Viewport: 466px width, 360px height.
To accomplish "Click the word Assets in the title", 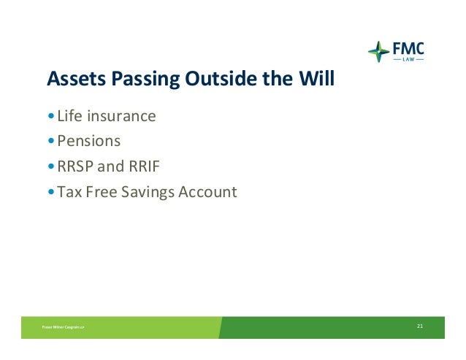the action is [77, 78].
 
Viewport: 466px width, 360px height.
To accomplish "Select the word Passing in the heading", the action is [145, 80].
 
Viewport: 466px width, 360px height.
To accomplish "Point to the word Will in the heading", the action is [316, 78].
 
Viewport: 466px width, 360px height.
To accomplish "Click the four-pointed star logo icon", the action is [378, 52].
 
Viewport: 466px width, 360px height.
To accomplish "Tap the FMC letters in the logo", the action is [408, 48].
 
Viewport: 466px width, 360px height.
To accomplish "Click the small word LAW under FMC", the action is [408, 59].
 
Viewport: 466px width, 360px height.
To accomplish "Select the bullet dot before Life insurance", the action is [51, 115].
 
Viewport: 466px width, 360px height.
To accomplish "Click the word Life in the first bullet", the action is [69, 115].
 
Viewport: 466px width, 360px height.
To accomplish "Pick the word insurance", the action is [121, 116].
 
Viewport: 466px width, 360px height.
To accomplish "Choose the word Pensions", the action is [89, 141].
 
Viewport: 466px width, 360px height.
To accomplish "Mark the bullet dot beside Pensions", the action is [51, 140].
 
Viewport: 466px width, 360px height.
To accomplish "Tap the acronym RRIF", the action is [144, 166].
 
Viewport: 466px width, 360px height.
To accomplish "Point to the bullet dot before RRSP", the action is [51, 166].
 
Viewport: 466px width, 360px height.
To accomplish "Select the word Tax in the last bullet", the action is [69, 191].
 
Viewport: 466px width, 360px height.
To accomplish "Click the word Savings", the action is [148, 192].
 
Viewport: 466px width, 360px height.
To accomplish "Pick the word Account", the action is [207, 191].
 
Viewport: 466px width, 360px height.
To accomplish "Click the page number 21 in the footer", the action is [420, 326].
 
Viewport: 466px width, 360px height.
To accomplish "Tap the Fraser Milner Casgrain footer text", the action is [63, 327].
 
